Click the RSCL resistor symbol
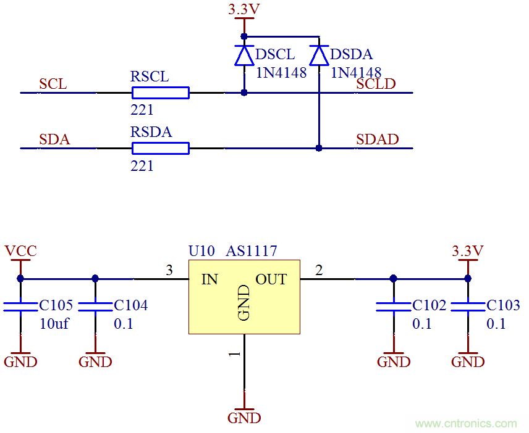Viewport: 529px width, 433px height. pyautogui.click(x=160, y=93)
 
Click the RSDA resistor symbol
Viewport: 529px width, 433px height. pyautogui.click(x=160, y=148)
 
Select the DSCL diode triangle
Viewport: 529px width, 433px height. pyautogui.click(x=244, y=56)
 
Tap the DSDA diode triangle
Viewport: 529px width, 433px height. pyautogui.click(x=319, y=56)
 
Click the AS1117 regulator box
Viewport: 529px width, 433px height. pyautogui.click(x=244, y=297)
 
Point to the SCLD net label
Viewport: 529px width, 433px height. pyautogui.click(x=376, y=84)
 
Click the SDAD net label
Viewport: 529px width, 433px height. pyautogui.click(x=377, y=139)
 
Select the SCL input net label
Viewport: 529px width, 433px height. pyautogui.click(x=53, y=84)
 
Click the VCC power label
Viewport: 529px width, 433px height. pyautogui.click(x=20, y=251)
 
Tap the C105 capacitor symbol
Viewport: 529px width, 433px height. pyautogui.click(x=20, y=306)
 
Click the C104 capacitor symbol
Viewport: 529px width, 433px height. pyautogui.click(x=95, y=306)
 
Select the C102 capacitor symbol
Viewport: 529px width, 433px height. pyautogui.click(x=394, y=306)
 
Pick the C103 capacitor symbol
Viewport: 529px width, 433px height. pyautogui.click(x=468, y=306)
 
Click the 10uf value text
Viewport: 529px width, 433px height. pyautogui.click(x=54, y=324)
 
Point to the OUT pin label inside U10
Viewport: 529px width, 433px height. pyautogui.click(x=271, y=279)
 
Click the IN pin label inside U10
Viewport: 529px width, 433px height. pyautogui.click(x=209, y=279)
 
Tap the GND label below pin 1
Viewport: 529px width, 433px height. pyautogui.click(x=244, y=418)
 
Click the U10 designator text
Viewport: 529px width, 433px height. pyautogui.click(x=201, y=251)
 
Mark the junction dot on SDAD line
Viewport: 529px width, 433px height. pyautogui.click(x=319, y=148)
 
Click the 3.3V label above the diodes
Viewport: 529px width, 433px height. pyautogui.click(x=243, y=10)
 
